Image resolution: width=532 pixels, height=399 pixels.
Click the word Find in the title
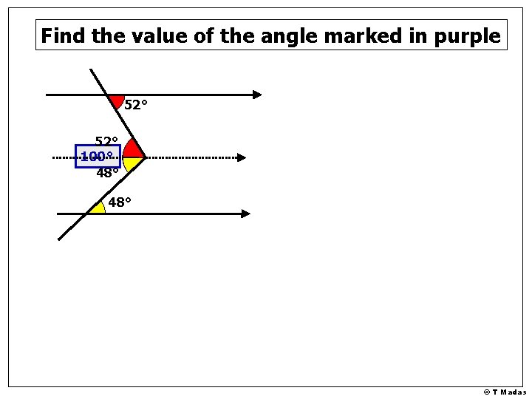point(62,35)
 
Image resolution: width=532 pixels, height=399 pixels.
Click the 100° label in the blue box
point(97,157)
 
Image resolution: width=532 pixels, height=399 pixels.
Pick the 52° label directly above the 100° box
point(106,141)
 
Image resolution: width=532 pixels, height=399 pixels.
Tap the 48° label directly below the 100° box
point(107,174)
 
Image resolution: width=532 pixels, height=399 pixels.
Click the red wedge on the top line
point(116,100)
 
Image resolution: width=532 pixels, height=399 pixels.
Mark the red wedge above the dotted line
point(132,149)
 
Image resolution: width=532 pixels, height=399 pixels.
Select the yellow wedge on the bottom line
point(96,208)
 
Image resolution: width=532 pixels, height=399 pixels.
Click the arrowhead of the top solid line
point(256,95)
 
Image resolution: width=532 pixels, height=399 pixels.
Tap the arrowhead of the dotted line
point(241,157)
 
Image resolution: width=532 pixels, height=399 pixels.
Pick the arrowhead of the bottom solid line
point(245,214)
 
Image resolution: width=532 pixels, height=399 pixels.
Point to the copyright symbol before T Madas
point(487,392)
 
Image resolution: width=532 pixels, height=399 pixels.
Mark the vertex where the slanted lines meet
point(145,157)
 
